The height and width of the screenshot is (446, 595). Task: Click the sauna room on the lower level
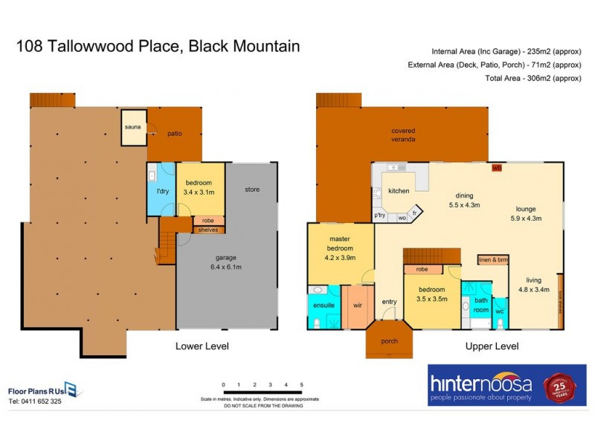(132, 127)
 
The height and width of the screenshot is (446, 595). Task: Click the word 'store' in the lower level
(252, 190)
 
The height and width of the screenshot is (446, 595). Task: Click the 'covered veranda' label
(403, 135)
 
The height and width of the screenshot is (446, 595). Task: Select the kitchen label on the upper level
(399, 191)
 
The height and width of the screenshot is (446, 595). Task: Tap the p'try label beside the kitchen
(380, 216)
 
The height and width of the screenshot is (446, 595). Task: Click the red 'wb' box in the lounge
(497, 168)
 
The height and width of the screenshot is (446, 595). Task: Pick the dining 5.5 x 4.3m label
(464, 201)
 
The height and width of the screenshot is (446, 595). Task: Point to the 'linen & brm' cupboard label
(492, 259)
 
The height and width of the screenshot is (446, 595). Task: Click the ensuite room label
(324, 306)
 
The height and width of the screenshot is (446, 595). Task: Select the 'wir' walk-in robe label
(357, 306)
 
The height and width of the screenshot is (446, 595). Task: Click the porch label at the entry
(388, 341)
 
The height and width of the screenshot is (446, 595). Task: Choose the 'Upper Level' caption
(492, 346)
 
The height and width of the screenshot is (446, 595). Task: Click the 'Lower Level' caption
(202, 346)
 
